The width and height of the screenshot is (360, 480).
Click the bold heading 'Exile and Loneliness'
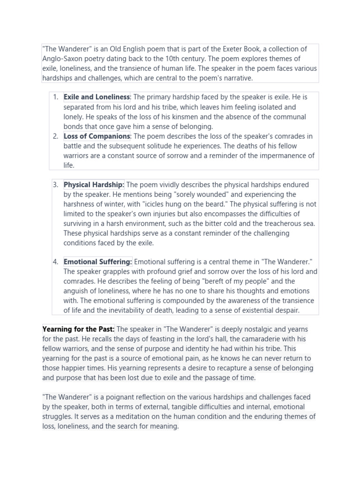(x=97, y=97)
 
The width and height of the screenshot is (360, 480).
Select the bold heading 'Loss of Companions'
(x=97, y=136)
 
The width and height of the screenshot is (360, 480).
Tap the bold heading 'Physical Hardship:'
(x=94, y=184)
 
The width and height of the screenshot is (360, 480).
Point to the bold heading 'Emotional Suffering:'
(x=98, y=262)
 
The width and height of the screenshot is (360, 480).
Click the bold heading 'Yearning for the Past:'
(x=78, y=329)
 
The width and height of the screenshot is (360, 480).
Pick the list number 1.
(x=55, y=97)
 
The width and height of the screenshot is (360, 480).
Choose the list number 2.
(x=55, y=136)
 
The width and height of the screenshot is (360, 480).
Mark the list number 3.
(x=55, y=184)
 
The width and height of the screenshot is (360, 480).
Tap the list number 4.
(x=55, y=262)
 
